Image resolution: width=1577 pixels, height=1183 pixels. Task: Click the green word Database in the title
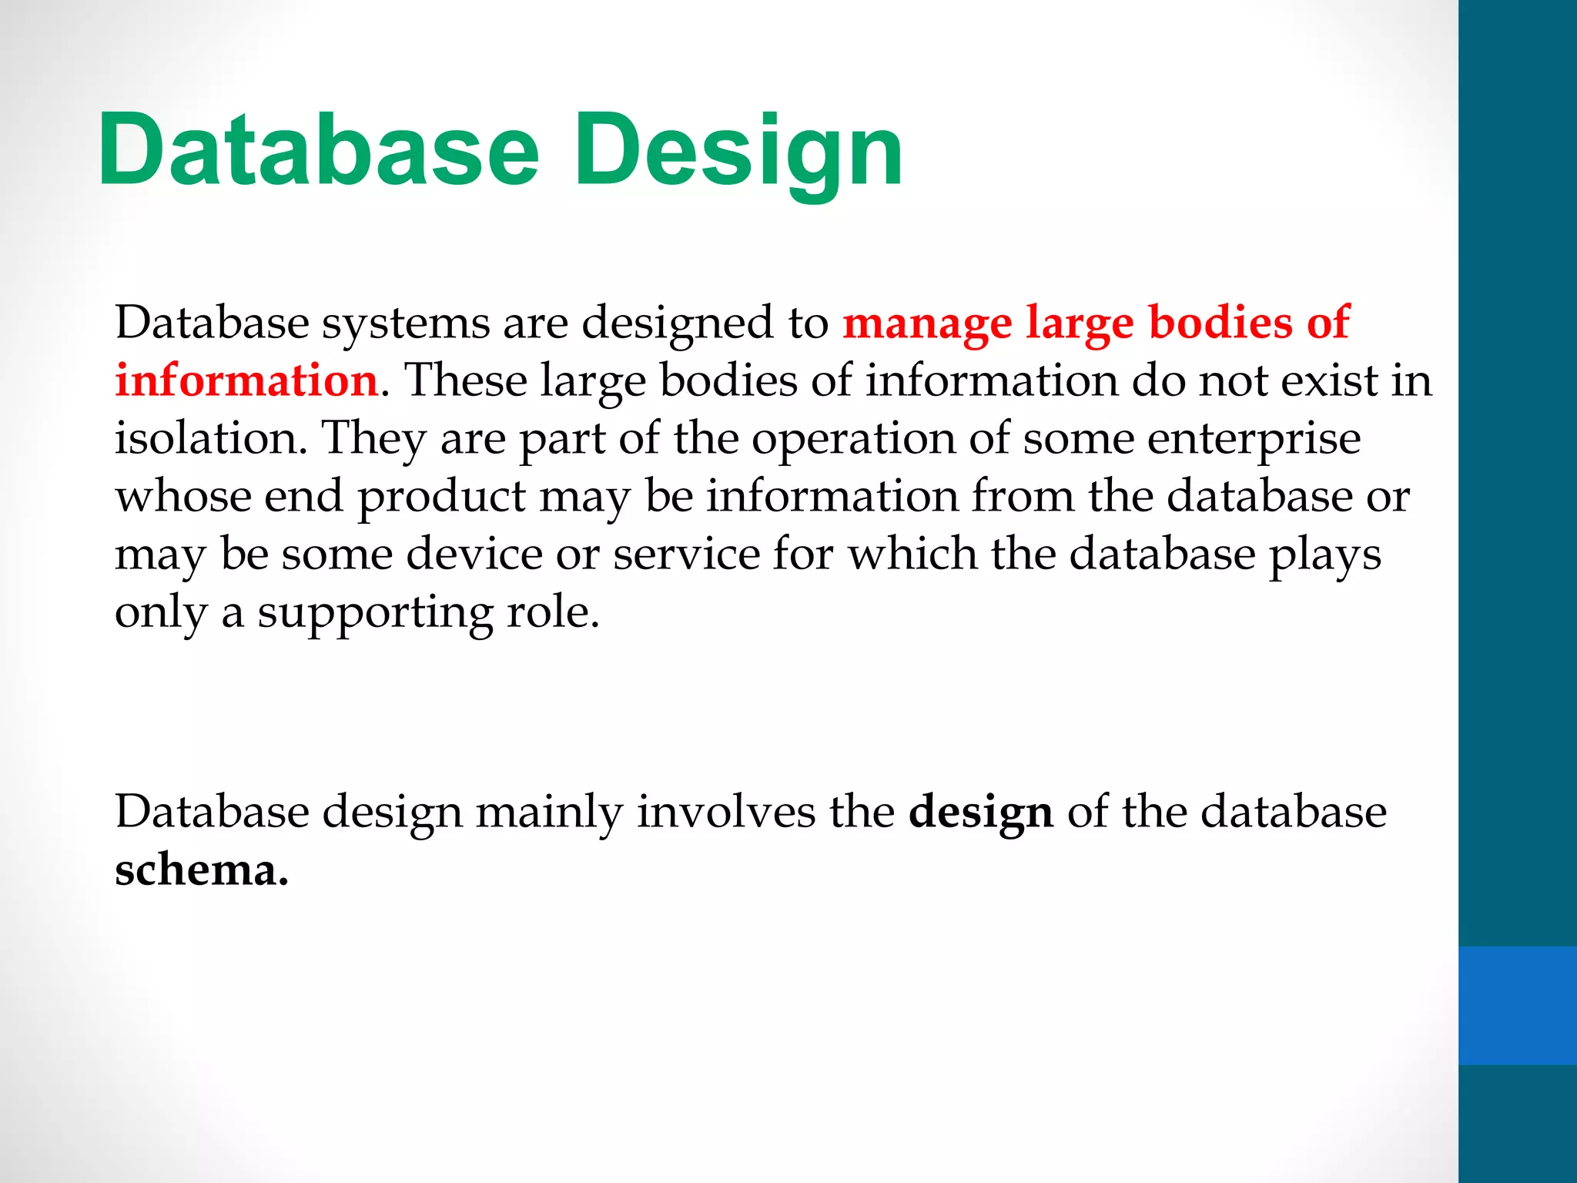tap(318, 149)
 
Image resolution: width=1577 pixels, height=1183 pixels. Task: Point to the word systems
tap(406, 323)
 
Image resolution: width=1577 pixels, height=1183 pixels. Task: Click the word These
tap(466, 380)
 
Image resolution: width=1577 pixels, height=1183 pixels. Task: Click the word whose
tap(183, 497)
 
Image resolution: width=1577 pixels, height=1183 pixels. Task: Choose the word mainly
tap(549, 813)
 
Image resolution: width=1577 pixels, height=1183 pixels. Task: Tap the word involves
tap(725, 813)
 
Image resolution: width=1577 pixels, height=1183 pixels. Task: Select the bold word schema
tap(201, 871)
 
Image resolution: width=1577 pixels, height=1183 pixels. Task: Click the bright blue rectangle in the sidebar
tap(1517, 1005)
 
